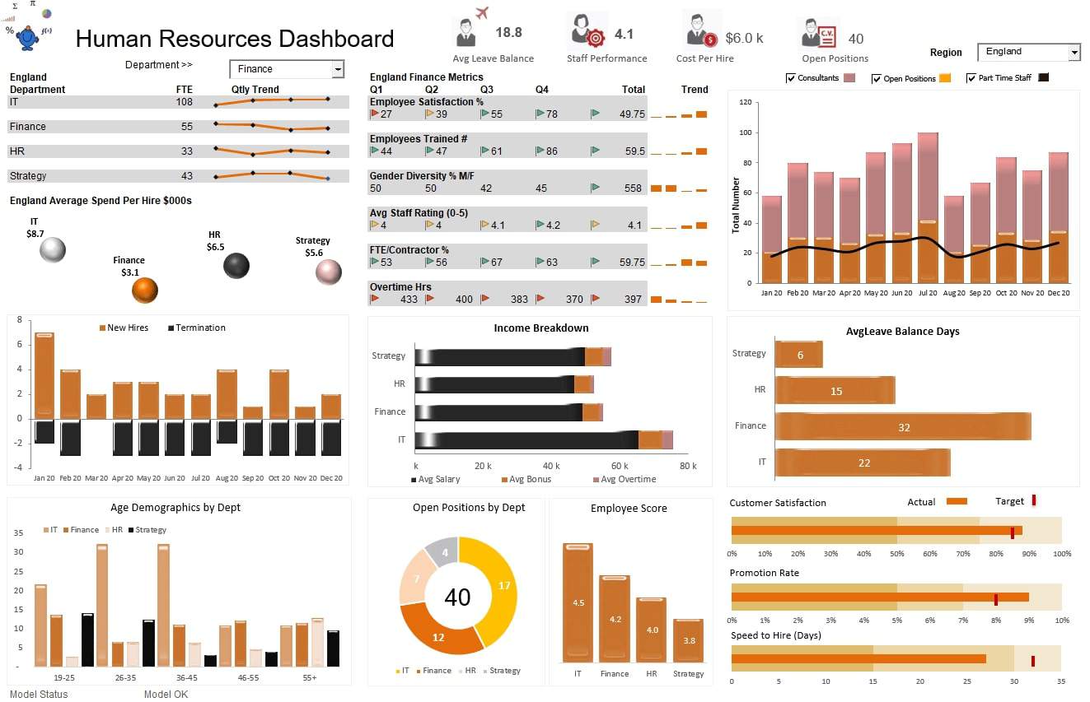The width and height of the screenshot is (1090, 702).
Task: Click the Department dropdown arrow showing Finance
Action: click(338, 69)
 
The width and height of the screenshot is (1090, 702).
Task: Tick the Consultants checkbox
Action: click(791, 78)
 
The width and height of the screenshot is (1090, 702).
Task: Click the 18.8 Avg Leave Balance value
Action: click(508, 33)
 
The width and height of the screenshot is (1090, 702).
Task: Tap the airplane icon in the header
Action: click(482, 13)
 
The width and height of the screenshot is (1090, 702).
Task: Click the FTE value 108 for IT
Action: click(184, 102)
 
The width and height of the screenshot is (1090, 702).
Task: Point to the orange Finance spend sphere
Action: click(145, 290)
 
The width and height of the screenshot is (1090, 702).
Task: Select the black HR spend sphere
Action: click(236, 265)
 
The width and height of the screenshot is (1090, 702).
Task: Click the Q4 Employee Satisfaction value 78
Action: click(551, 114)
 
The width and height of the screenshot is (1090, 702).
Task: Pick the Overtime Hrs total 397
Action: click(633, 300)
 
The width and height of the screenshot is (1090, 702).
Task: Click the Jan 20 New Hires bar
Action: click(44, 374)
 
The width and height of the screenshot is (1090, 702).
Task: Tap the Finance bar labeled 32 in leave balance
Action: click(903, 426)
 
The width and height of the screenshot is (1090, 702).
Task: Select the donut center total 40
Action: click(457, 597)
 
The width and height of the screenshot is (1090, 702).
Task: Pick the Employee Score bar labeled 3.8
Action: click(688, 640)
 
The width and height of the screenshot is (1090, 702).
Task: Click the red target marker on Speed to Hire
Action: click(1032, 660)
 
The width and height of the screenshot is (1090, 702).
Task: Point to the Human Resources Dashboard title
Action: click(235, 39)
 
